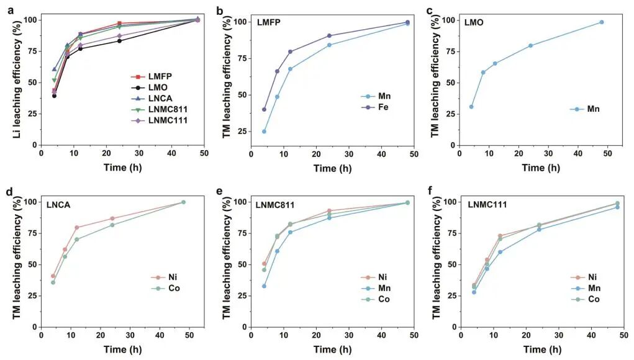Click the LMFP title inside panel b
(266, 23)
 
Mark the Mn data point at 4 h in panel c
(471, 107)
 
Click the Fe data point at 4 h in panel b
(264, 109)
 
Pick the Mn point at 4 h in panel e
(264, 286)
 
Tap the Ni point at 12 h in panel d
(76, 228)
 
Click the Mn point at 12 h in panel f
(500, 252)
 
